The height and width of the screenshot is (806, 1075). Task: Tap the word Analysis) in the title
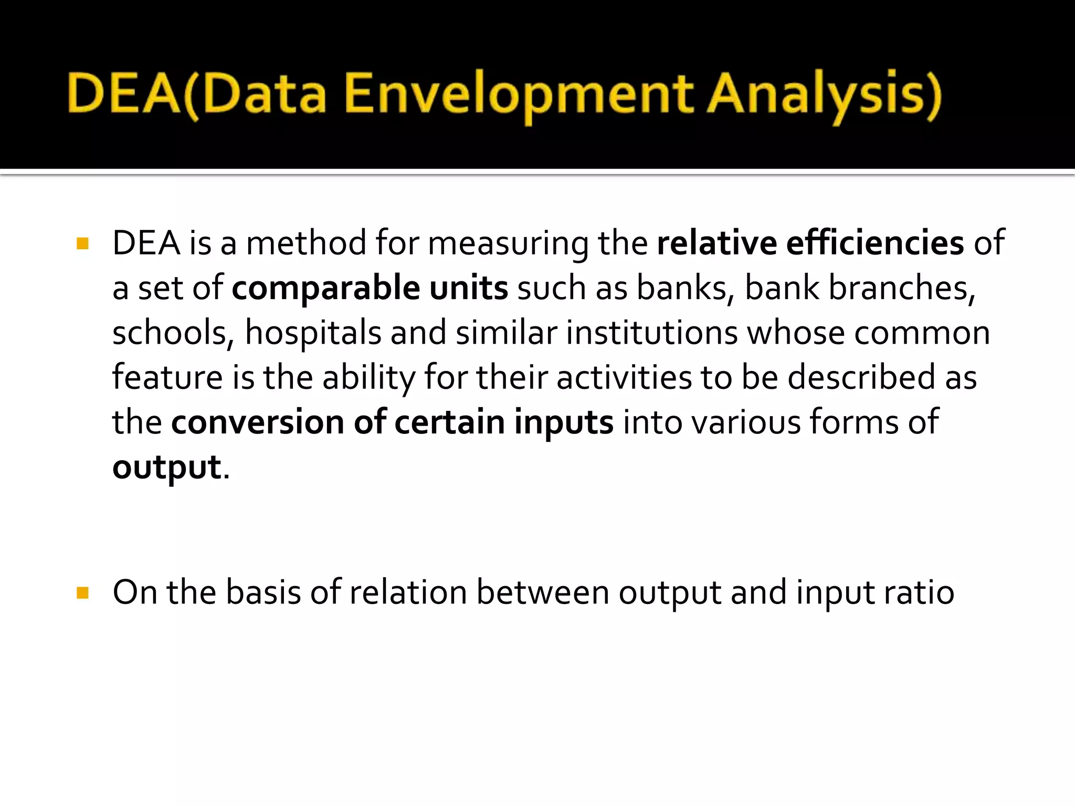(824, 94)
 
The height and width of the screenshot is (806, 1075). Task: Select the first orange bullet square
(82, 243)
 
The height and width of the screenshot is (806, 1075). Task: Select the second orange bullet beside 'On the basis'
(82, 593)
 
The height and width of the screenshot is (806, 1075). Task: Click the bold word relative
(716, 243)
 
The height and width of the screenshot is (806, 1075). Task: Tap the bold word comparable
(325, 288)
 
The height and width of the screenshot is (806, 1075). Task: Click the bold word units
(468, 288)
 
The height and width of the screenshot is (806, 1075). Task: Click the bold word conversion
(257, 422)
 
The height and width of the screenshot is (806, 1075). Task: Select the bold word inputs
(563, 422)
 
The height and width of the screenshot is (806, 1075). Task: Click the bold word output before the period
(167, 467)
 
